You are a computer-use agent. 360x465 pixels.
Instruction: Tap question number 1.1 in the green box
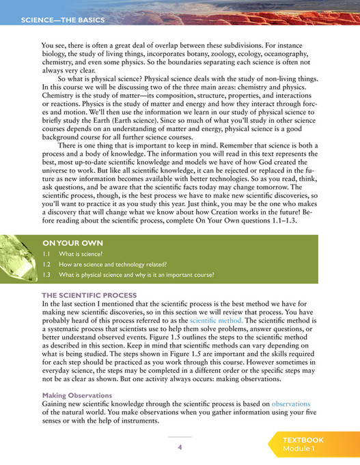pyautogui.click(x=47, y=253)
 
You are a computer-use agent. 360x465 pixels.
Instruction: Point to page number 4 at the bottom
pyautogui.click(x=180, y=447)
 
